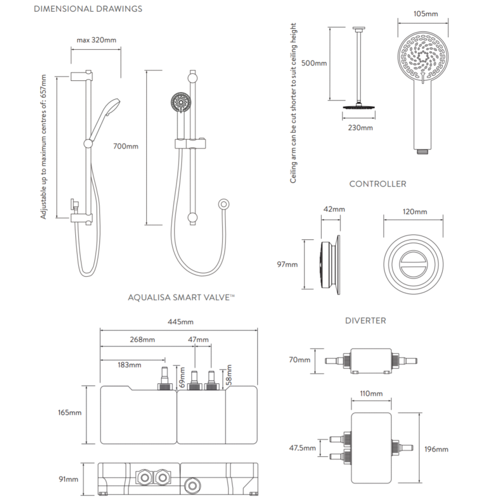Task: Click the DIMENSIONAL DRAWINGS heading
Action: (x=88, y=9)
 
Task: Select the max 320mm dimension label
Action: (x=96, y=40)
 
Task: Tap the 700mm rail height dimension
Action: (x=126, y=147)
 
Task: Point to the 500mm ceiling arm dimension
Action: (x=313, y=63)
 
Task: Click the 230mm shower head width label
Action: (x=360, y=128)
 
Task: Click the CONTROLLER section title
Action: (x=378, y=184)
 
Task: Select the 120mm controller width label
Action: (x=415, y=212)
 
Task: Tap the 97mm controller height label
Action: (x=288, y=264)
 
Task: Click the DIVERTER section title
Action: (x=365, y=321)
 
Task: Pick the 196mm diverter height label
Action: (x=436, y=449)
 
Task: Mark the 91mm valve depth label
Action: (x=69, y=479)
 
